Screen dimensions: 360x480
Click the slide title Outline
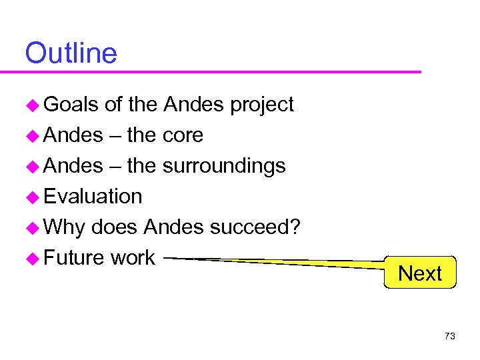[x=71, y=53]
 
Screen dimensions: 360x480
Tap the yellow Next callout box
[x=420, y=273]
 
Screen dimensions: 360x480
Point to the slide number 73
[x=449, y=336]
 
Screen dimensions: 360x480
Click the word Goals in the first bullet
[x=71, y=105]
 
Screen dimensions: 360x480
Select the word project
[x=261, y=105]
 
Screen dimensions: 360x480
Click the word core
[x=183, y=135]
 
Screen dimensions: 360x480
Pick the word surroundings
[x=224, y=166]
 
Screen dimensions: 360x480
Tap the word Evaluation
[x=93, y=197]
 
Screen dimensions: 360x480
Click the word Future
[x=74, y=258]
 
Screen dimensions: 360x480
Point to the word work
[x=133, y=258]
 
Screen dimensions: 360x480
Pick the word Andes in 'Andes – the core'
[x=73, y=135]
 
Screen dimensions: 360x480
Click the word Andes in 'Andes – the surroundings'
[x=73, y=166]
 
